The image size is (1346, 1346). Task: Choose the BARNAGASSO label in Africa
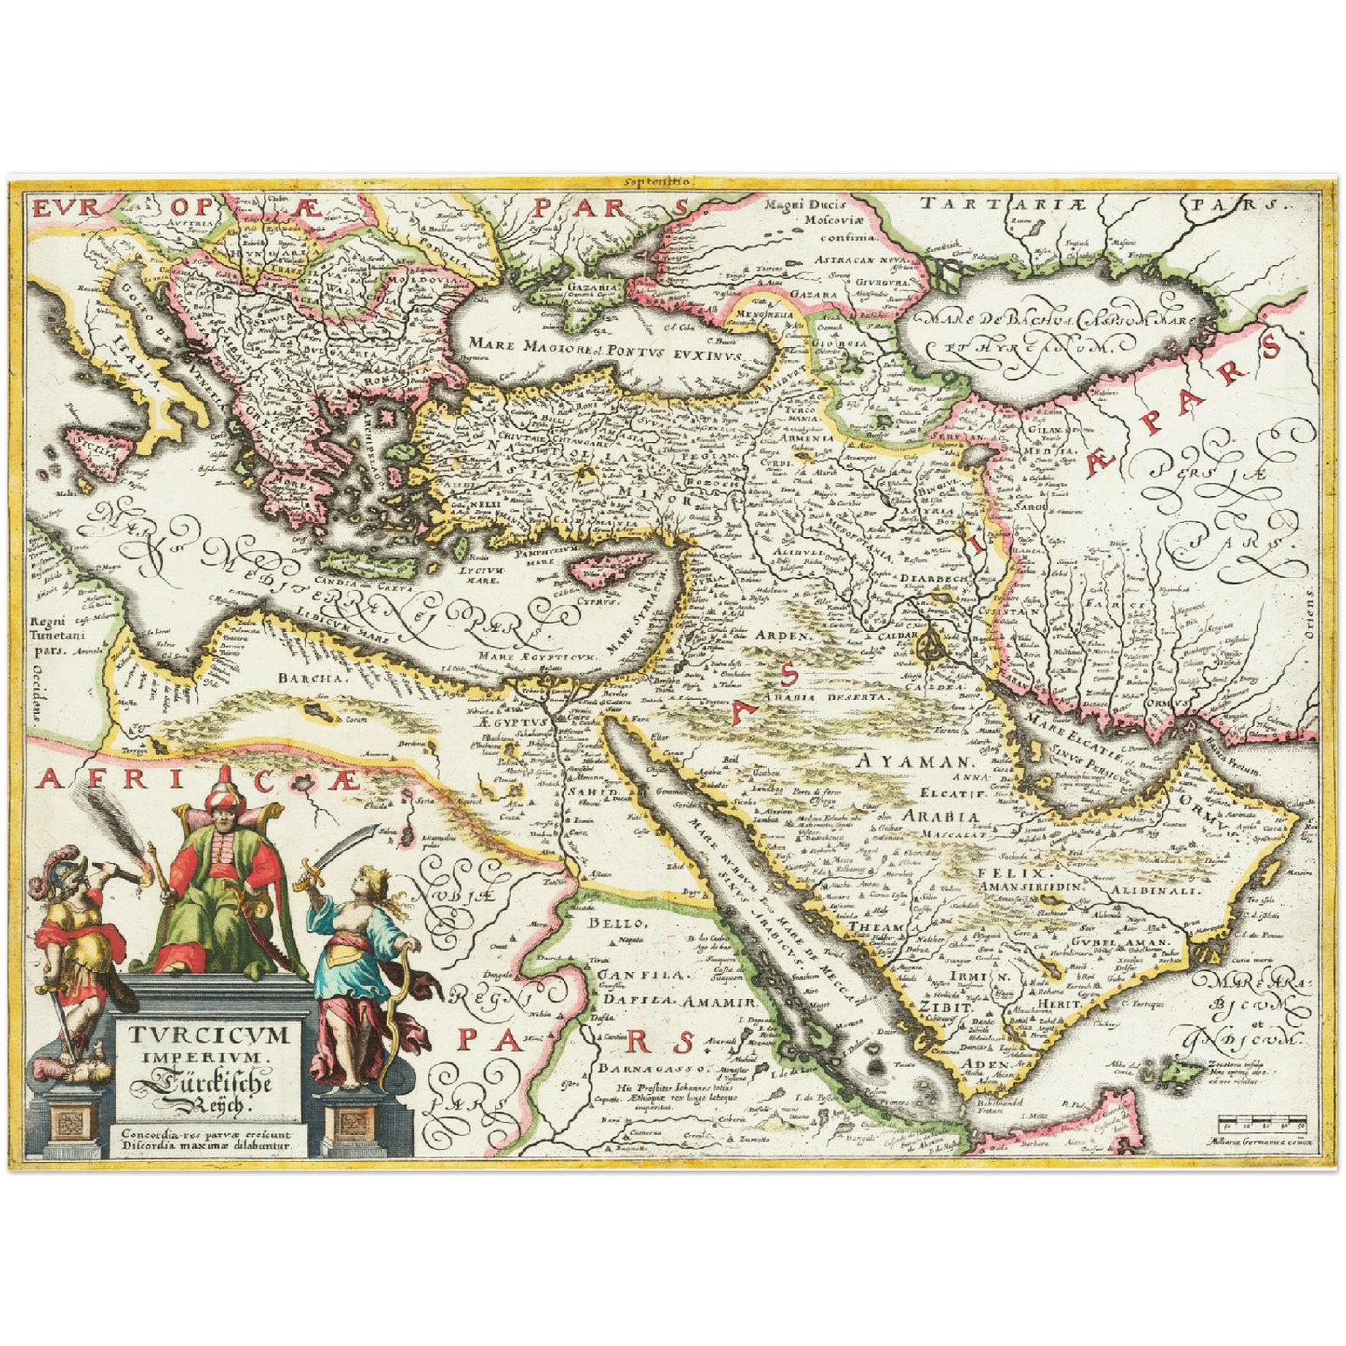(x=656, y=1067)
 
